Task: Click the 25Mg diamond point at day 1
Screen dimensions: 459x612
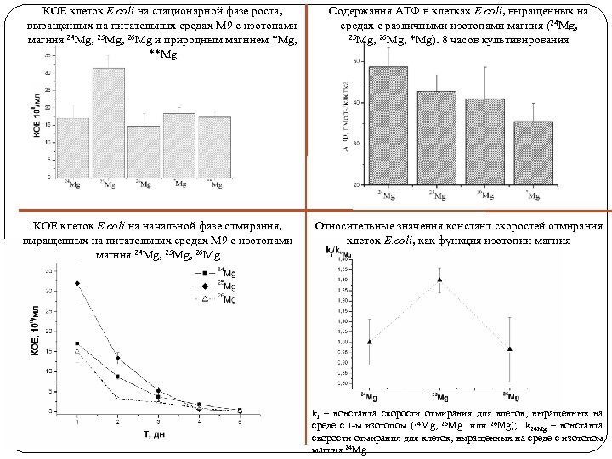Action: point(77,283)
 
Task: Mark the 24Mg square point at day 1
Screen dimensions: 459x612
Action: point(77,343)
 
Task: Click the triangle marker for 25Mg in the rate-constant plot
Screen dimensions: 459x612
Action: point(439,280)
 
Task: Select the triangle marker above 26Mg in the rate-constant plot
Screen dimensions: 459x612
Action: point(510,348)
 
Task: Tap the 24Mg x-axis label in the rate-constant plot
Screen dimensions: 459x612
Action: point(369,397)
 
